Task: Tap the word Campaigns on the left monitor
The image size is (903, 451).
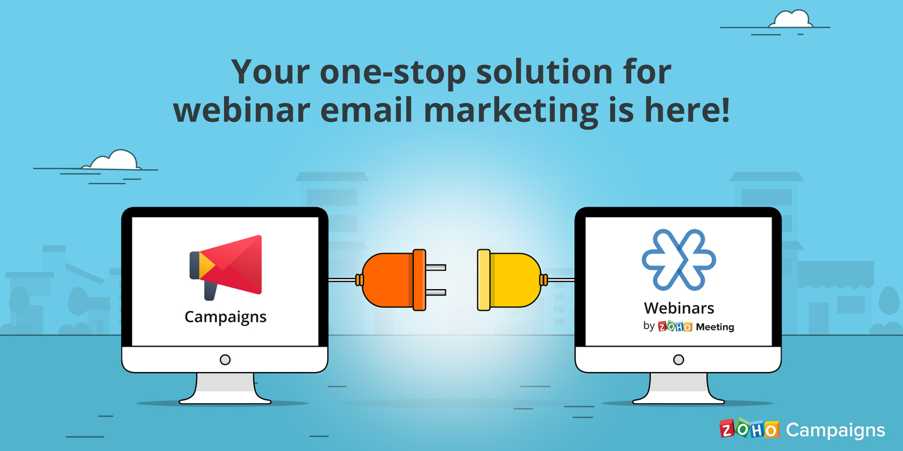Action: pos(225,317)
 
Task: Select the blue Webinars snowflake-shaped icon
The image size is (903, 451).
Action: pos(679,260)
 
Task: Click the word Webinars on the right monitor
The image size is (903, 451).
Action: pos(679,308)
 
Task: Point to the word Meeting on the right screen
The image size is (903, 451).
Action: pos(714,327)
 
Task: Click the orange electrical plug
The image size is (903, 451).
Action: pos(392,280)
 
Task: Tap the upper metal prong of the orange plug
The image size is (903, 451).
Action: pos(436,268)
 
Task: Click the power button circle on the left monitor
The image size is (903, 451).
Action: pos(225,360)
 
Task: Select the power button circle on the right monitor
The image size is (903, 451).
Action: pos(679,360)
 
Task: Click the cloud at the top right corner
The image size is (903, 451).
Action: pos(791,20)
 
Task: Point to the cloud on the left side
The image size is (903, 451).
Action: pos(115,161)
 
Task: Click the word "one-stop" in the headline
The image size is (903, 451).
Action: pos(393,72)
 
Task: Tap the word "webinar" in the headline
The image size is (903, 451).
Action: pos(242,110)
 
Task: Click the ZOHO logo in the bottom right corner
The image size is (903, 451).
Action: pos(749,430)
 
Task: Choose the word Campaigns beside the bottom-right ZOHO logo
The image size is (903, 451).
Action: pos(835,431)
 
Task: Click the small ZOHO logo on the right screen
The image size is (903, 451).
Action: pos(675,327)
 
